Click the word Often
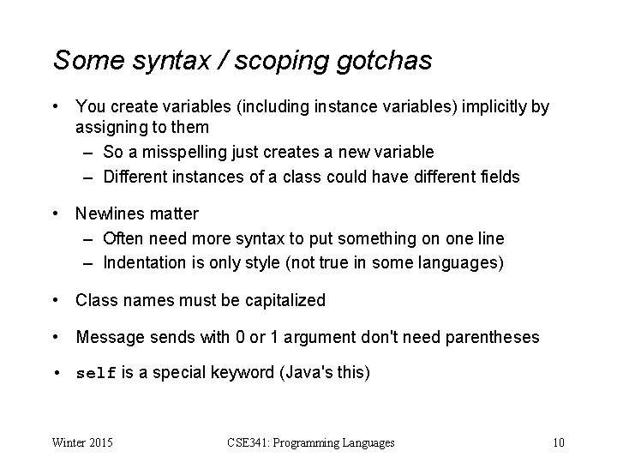click(x=123, y=238)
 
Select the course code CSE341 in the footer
click(x=252, y=442)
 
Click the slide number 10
click(x=558, y=442)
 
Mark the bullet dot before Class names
click(x=56, y=300)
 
